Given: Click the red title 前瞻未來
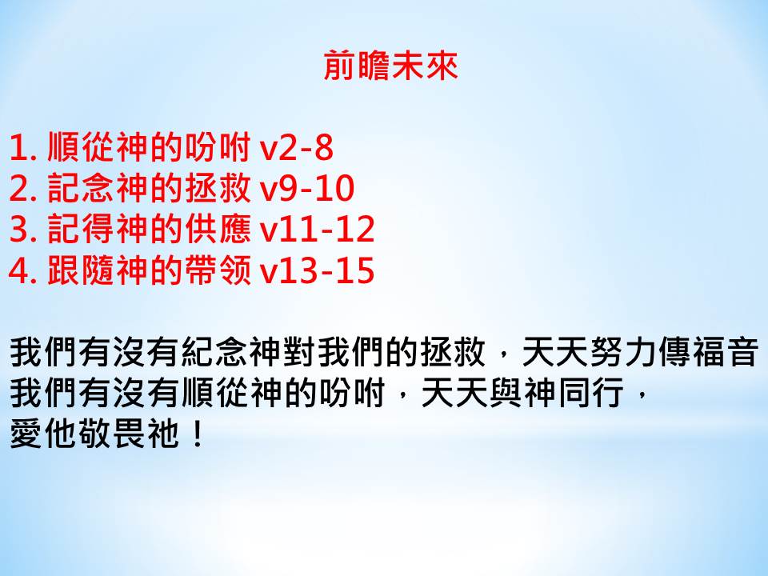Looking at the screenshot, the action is pos(390,65).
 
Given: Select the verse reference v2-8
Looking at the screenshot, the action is pos(296,147).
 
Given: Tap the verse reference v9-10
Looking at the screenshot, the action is pos(306,188).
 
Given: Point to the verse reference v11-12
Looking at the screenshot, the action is pos(317,230).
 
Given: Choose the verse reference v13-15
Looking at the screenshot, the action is pos(317,270).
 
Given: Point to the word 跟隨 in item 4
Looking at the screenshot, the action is pos(81,270).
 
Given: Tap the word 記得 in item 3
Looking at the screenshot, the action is pos(81,230).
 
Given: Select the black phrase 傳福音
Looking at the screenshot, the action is pos(708,352).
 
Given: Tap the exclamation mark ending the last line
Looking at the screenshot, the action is pos(198,434).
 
